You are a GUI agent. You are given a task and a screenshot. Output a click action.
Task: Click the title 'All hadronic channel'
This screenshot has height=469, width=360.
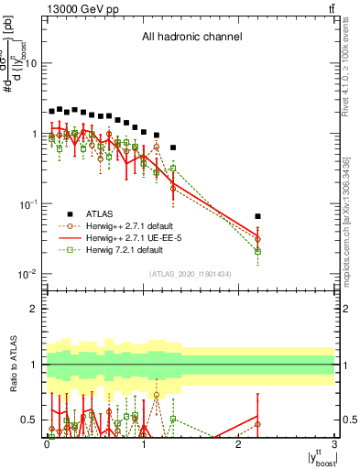[x=191, y=38]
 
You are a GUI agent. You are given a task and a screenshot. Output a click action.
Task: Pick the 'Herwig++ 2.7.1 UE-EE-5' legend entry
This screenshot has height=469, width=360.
[x=140, y=236]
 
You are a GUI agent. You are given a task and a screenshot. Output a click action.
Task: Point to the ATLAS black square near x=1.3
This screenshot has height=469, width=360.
[x=173, y=147]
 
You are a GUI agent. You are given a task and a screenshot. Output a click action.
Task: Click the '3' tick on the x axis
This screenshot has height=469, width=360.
[x=335, y=443]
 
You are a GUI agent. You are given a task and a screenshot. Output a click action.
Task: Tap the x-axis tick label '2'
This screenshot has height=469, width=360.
[x=239, y=443]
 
